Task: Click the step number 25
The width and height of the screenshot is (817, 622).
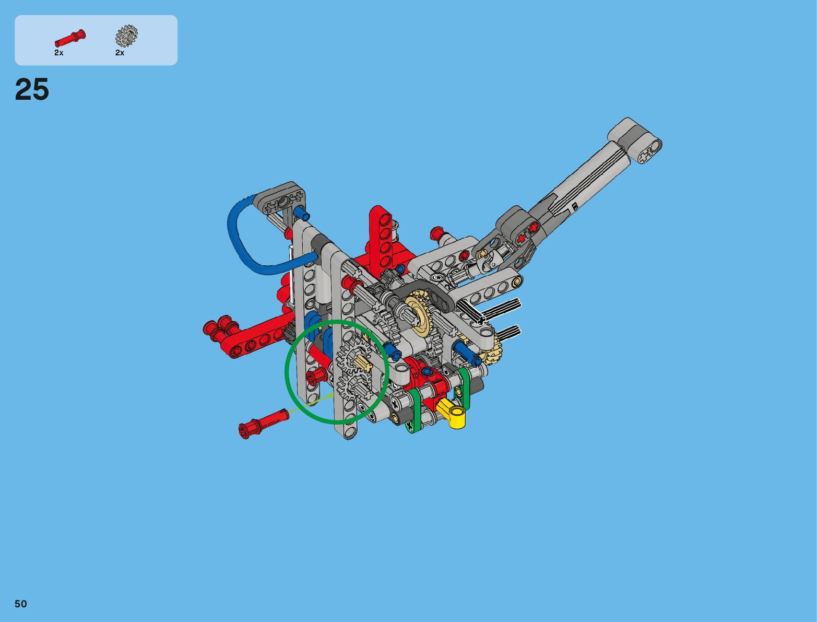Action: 32,89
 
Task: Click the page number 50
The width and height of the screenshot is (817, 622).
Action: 21,604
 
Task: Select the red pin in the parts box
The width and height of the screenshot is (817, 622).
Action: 70,38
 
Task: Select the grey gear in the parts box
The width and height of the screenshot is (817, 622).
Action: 126,36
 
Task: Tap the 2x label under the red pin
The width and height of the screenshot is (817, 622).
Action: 59,53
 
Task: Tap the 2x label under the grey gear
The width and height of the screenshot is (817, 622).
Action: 120,53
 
